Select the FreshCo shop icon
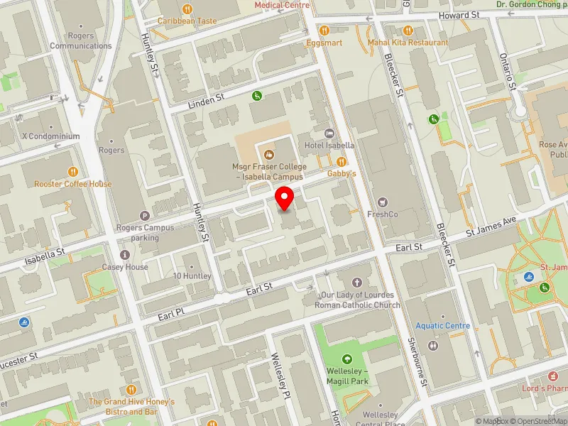pos(384,202)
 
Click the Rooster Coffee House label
pos(73,184)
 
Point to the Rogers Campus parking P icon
pos(146,216)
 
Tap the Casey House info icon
pos(126,255)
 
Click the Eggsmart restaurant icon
pos(324,30)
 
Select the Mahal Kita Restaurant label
pos(408,43)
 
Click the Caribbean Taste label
pos(187,21)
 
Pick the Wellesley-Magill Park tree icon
pos(347,359)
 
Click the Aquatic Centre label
pos(443,326)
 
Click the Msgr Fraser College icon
pos(268,154)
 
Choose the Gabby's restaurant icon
pos(342,162)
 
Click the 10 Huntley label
pos(192,275)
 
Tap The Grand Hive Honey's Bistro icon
pos(131,390)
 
